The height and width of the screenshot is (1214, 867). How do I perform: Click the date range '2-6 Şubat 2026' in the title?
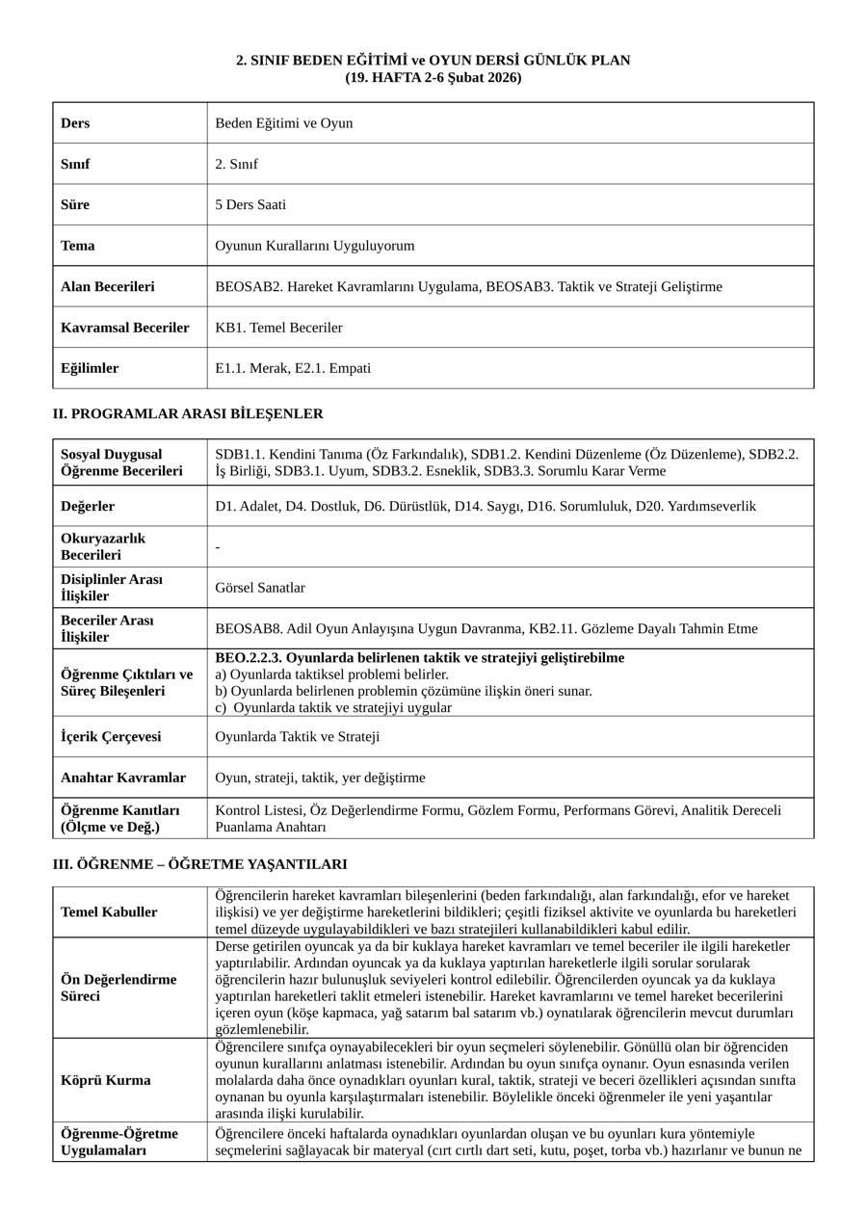tap(472, 77)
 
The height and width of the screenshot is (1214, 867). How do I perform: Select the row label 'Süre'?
tap(75, 204)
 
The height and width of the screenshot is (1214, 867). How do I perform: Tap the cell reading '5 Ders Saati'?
tap(250, 204)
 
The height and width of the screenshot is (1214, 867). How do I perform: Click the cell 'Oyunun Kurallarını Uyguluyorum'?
tap(315, 246)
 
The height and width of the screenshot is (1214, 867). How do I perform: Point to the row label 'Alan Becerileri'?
tap(107, 286)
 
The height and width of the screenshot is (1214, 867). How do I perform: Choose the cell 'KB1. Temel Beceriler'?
tap(278, 328)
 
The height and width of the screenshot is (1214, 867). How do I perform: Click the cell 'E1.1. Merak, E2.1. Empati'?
tap(293, 368)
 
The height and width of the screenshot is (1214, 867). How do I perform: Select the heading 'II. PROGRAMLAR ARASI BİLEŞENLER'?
tap(188, 413)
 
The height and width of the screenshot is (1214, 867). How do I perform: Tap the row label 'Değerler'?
tap(88, 506)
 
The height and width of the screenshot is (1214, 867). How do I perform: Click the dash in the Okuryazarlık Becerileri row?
tap(218, 547)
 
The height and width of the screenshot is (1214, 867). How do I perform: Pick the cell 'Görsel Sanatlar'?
tap(260, 588)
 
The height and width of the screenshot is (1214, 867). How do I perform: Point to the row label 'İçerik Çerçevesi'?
tap(111, 737)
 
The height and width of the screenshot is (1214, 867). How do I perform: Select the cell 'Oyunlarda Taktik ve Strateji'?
tap(298, 737)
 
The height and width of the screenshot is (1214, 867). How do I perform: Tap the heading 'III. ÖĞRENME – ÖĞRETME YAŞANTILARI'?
tap(199, 864)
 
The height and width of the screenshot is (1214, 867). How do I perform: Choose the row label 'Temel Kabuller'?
tap(109, 912)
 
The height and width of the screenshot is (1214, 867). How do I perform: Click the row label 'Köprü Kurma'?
tap(105, 1080)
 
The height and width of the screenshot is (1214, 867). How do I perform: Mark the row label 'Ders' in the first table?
tap(75, 123)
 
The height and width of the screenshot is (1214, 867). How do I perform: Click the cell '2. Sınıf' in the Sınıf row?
tap(237, 164)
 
